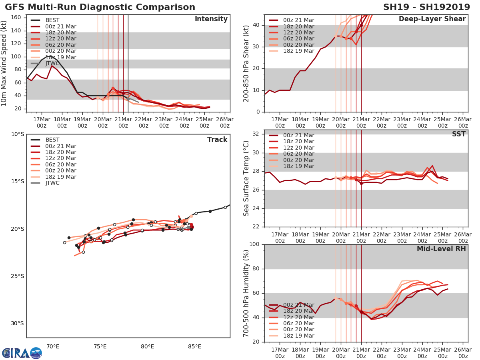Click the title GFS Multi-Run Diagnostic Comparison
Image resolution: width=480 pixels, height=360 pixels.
[100, 7]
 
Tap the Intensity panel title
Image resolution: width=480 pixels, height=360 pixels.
[211, 19]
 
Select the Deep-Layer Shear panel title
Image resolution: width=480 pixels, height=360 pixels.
[432, 19]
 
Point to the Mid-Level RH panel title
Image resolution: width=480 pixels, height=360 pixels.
[441, 249]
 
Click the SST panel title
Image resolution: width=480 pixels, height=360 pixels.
[458, 134]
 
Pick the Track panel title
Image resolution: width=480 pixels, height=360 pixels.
[217, 140]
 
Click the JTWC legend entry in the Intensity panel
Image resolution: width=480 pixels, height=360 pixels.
[52, 64]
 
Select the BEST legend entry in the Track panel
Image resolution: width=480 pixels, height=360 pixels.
[52, 140]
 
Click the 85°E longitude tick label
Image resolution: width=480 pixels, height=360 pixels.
[194, 346]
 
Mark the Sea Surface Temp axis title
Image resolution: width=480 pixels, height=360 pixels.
[246, 178]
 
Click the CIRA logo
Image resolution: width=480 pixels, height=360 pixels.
[22, 353]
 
